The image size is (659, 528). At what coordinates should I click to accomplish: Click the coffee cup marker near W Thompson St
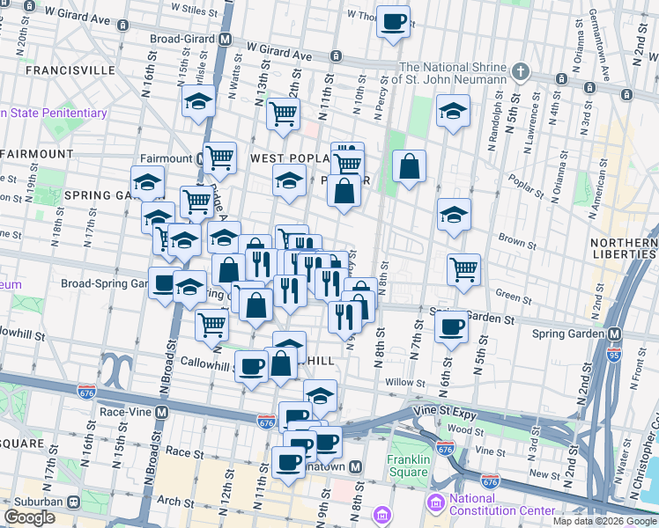pos(393,21)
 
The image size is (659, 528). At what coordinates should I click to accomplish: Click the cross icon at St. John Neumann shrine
pos(521,70)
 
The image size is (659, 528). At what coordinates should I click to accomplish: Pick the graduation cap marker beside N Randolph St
pos(453,111)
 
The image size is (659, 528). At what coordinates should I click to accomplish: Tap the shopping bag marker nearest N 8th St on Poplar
pos(410,166)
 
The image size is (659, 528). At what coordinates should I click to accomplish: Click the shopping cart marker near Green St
pos(463,269)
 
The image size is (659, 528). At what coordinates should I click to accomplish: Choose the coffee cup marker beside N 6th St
pos(451,327)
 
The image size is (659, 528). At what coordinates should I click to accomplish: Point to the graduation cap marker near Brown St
pos(454,216)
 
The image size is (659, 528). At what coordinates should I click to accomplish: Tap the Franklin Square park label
pos(407,466)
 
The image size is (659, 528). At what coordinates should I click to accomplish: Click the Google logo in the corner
pos(29,517)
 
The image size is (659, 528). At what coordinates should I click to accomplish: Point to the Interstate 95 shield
pos(614,355)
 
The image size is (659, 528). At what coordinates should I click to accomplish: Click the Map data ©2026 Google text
pos(604,521)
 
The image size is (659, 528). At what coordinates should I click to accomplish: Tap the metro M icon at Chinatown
pos(356,466)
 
